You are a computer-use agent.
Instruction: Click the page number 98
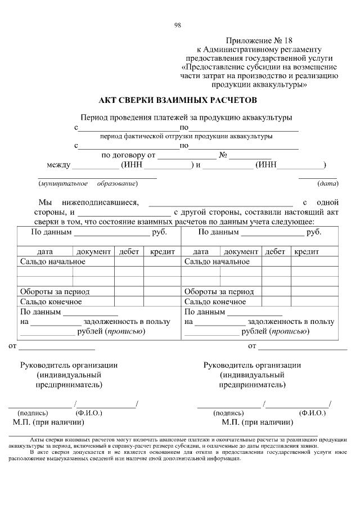coord(178,25)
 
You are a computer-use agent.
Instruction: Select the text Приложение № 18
coord(259,40)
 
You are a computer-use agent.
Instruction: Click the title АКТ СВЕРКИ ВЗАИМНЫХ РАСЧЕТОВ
coord(177,101)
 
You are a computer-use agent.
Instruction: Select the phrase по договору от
coord(128,155)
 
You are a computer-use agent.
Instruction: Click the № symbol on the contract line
coord(223,155)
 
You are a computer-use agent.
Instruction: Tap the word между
coord(58,165)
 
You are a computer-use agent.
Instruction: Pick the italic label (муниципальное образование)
coord(88,183)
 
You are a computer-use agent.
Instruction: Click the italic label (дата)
coord(327,183)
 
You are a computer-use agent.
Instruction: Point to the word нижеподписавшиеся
coord(101,202)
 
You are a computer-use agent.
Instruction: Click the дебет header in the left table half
coord(129,252)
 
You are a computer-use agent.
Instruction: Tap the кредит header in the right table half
coord(307,252)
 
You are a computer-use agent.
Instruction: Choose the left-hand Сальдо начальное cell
coord(53,262)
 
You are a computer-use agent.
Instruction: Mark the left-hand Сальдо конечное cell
coord(51,301)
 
